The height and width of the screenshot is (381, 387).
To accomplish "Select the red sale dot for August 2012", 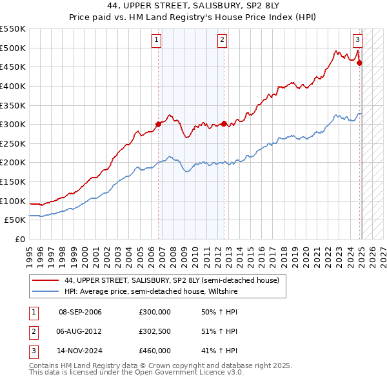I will [224, 123].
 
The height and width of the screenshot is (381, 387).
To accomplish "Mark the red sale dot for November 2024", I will [360, 63].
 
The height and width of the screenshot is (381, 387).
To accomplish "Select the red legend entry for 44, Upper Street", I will [172, 280].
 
